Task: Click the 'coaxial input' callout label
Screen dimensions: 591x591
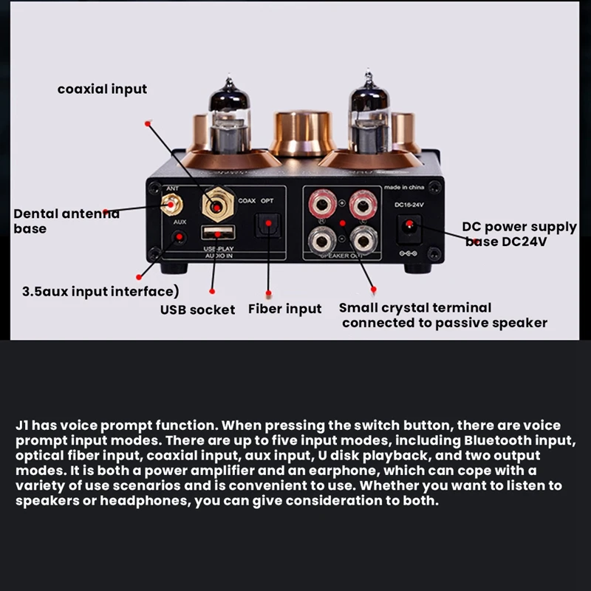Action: click(102, 89)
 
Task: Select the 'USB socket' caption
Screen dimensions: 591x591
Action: click(197, 310)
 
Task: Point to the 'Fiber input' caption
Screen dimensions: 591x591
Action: click(284, 309)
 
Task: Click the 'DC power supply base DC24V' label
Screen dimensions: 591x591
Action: click(519, 233)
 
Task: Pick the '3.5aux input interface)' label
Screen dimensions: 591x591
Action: click(100, 291)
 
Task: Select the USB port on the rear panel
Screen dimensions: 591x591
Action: click(216, 233)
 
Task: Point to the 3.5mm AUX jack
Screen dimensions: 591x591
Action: click(179, 237)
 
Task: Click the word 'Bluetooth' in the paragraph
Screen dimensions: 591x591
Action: click(496, 441)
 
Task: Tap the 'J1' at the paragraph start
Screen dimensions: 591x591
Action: click(23, 426)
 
